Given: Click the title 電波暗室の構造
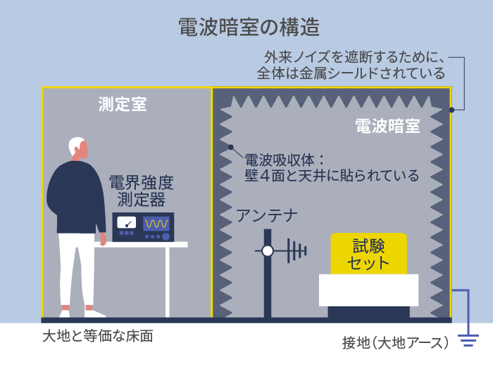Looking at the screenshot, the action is click(x=249, y=27).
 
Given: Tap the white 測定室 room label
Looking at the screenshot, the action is click(x=123, y=104).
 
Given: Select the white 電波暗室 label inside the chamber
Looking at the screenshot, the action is click(x=387, y=126).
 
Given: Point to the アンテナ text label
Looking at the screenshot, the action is click(x=267, y=216).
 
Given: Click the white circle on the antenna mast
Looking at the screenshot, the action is click(x=268, y=251).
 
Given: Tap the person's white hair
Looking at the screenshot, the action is click(x=75, y=145).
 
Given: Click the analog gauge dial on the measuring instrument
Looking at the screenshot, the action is click(x=126, y=222).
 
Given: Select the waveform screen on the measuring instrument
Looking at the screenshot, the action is click(x=156, y=224).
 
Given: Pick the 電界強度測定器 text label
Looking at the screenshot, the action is click(x=141, y=191).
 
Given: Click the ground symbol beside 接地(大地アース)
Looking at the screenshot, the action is click(x=468, y=341).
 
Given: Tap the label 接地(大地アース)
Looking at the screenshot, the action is click(x=395, y=343).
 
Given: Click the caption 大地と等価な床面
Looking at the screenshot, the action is click(x=98, y=336).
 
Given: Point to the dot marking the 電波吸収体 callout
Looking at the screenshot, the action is click(x=231, y=147).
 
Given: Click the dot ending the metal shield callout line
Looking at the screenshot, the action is click(x=451, y=110).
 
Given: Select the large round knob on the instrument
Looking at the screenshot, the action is click(x=166, y=236).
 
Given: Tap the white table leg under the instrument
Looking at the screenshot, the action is click(x=168, y=282).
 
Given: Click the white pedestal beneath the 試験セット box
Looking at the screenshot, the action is click(x=368, y=290).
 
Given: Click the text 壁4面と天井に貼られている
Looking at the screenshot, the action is click(x=332, y=176).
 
